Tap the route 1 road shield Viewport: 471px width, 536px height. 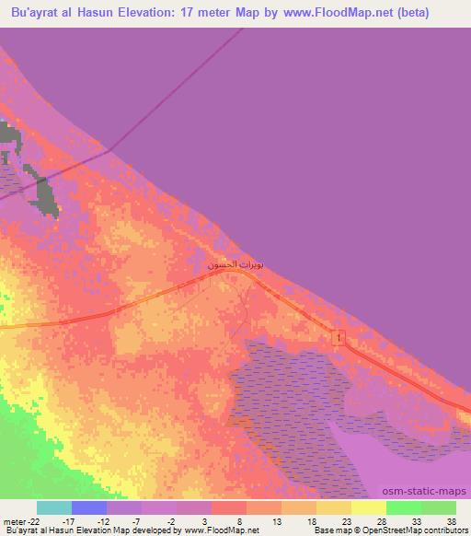[x=339, y=339]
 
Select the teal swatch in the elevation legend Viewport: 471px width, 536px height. [x=54, y=507]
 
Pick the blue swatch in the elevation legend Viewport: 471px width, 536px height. [x=89, y=507]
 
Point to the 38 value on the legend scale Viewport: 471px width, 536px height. [x=450, y=520]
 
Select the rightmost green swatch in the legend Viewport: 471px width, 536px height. [x=439, y=507]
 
